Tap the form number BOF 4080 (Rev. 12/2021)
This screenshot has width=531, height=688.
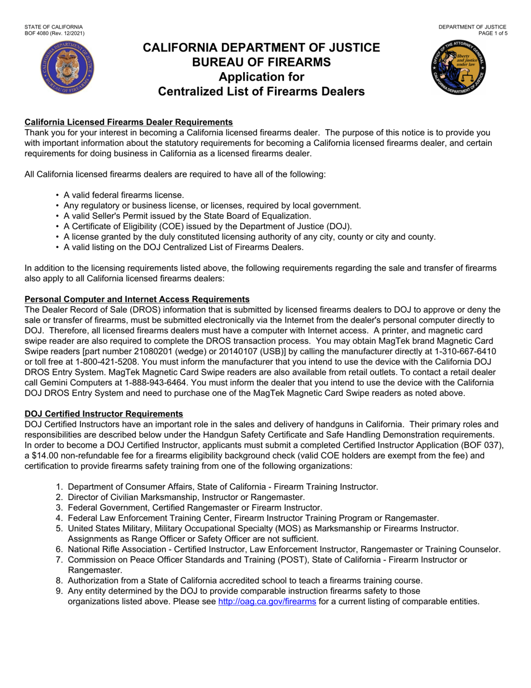[55, 34]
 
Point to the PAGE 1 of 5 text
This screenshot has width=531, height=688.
[492, 34]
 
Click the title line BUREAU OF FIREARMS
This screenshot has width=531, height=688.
[262, 62]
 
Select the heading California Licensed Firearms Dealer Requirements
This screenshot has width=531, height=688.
[129, 122]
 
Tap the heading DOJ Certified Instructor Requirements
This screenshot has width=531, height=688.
[103, 414]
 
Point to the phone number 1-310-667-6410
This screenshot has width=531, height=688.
[456, 351]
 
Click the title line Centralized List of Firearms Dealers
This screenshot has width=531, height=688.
[262, 91]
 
